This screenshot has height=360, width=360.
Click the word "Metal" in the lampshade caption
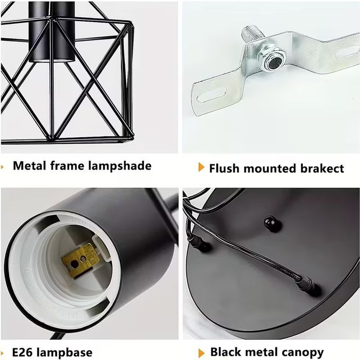(29, 166)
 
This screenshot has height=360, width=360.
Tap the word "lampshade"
(120, 166)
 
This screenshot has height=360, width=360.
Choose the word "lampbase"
(64, 353)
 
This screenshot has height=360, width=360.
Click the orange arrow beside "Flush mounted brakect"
(201, 168)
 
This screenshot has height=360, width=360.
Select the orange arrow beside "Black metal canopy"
(201, 353)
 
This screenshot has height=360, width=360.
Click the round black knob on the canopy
(272, 223)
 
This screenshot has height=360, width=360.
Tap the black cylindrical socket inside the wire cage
(52, 32)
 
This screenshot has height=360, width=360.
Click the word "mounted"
(270, 168)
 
